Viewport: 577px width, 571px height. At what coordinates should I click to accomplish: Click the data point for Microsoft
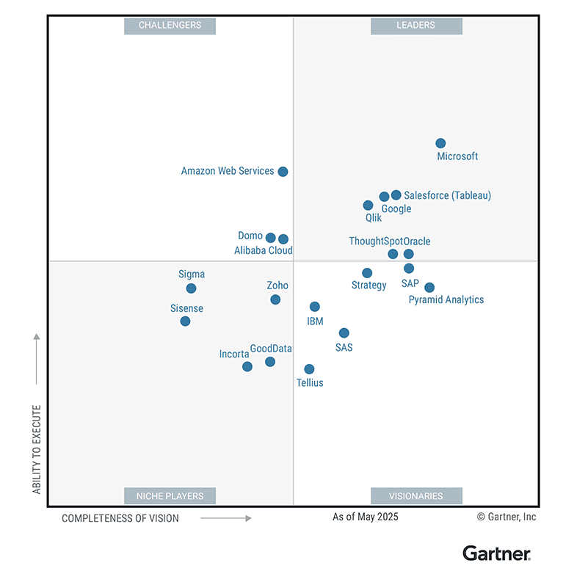[x=440, y=143]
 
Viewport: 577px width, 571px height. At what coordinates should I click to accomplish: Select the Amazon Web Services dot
[x=283, y=172]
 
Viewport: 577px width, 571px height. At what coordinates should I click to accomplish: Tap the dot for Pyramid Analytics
[x=429, y=288]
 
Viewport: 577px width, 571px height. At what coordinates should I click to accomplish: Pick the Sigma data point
[x=191, y=288]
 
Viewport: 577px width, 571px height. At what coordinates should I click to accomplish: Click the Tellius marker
[x=309, y=369]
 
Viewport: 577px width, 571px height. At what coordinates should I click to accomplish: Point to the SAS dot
[x=344, y=333]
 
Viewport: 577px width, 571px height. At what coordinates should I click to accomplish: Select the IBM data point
[x=314, y=307]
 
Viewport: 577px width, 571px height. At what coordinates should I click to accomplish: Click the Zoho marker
[x=275, y=299]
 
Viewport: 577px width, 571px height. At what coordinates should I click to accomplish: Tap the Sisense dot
[x=185, y=321]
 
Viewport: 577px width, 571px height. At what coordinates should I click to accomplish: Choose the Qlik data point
[x=368, y=206]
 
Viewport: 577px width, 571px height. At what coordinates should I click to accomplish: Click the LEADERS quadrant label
[x=416, y=26]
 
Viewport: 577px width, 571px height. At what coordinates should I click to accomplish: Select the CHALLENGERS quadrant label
[x=170, y=26]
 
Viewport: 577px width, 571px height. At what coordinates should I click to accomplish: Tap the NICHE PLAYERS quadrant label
[x=170, y=496]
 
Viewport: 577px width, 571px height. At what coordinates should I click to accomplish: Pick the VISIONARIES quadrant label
[x=416, y=496]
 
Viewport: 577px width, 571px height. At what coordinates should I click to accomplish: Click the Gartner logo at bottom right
[x=496, y=553]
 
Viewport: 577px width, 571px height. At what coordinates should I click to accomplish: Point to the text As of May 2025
[x=365, y=517]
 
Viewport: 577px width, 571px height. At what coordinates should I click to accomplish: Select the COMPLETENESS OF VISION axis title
[x=120, y=518]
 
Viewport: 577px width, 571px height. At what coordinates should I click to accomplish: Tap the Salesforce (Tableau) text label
[x=447, y=195]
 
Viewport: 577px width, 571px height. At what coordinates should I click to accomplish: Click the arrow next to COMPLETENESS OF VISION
[x=225, y=518]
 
